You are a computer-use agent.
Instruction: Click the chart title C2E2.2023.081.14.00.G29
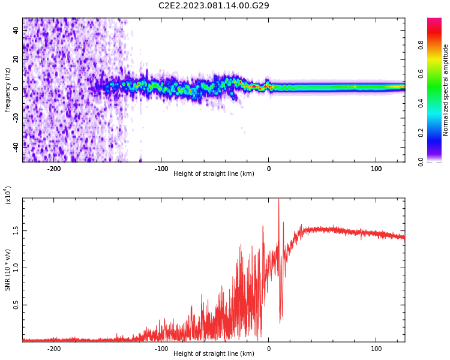tap(214, 5)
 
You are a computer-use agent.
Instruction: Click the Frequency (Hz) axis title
tap(7, 90)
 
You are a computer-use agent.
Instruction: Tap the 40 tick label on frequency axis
tap(16, 30)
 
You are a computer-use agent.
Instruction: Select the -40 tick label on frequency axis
tap(16, 147)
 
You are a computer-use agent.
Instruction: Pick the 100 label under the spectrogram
tap(376, 169)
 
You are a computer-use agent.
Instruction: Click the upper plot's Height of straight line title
tap(214, 173)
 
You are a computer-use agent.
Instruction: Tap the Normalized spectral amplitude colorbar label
tap(445, 90)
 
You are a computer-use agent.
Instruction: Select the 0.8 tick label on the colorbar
tap(421, 45)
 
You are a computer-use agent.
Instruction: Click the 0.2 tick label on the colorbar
tap(421, 133)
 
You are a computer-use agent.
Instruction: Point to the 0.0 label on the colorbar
tap(421, 162)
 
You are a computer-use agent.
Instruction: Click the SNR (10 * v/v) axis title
tap(7, 270)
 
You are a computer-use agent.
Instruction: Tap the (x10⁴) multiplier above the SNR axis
tap(7, 195)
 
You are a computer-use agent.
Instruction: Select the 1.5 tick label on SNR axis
tap(16, 230)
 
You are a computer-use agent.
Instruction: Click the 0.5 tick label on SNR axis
tap(16, 305)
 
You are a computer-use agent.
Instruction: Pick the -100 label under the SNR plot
tap(161, 349)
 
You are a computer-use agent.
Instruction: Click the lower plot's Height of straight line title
tap(214, 353)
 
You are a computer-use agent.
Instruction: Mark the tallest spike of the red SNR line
tap(278, 199)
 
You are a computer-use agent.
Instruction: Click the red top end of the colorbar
tap(434, 19)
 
